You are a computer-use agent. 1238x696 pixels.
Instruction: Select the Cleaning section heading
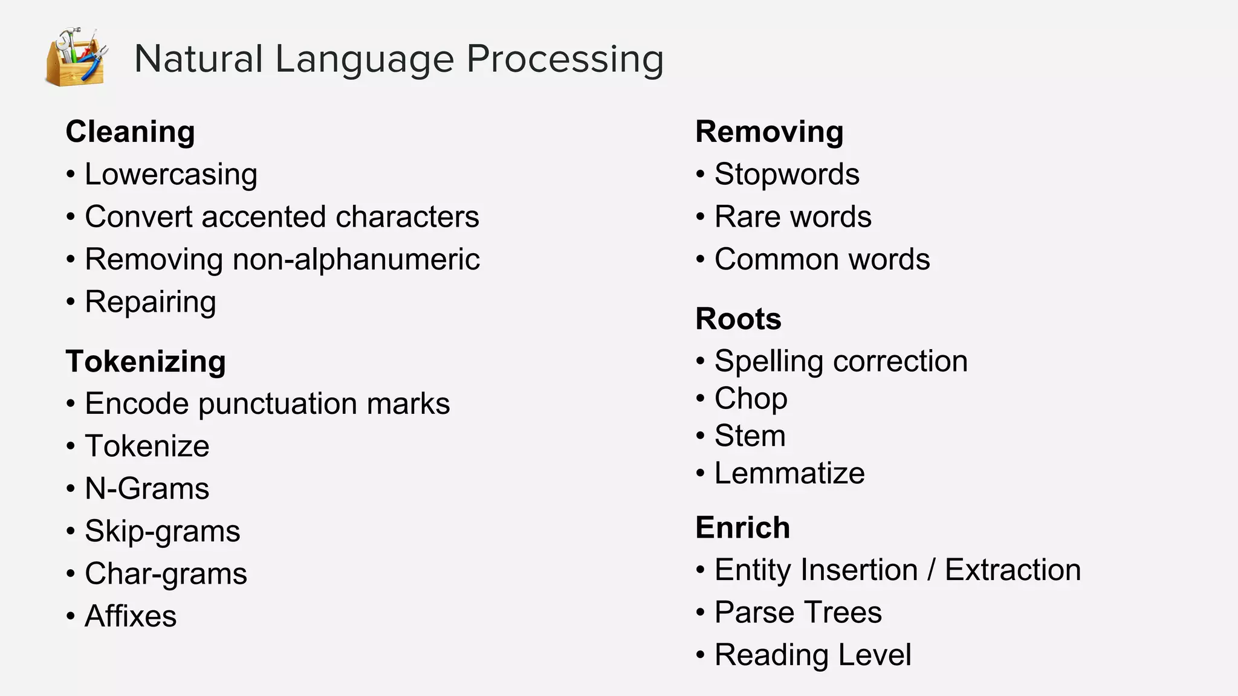130,132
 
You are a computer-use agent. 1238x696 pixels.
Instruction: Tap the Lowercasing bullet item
171,175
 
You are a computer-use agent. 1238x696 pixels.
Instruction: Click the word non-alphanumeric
356,260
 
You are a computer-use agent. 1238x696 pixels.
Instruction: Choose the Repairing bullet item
151,302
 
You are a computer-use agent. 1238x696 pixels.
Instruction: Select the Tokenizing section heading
146,361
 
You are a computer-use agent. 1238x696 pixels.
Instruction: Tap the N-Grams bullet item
147,489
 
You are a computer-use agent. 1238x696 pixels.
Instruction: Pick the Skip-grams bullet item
163,532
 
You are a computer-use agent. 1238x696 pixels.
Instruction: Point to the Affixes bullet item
131,616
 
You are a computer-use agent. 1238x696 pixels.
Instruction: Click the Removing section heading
770,132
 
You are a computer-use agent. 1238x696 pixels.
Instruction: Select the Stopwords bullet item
786,175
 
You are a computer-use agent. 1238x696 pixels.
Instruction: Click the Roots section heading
738,319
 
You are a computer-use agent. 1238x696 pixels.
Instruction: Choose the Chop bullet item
751,399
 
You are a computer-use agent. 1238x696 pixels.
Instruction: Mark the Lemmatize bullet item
789,473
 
